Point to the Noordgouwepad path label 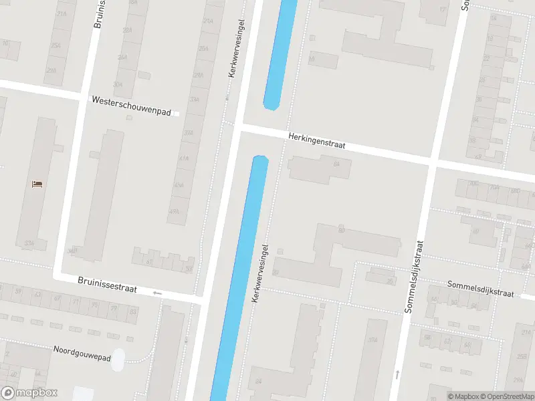click(x=82, y=354)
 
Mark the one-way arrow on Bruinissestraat click(x=158, y=293)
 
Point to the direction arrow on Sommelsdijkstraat click(x=397, y=373)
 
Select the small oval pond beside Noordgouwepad click(x=118, y=360)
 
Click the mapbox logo click(x=29, y=393)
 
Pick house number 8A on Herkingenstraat click(x=336, y=163)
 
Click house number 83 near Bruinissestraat click(x=134, y=311)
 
